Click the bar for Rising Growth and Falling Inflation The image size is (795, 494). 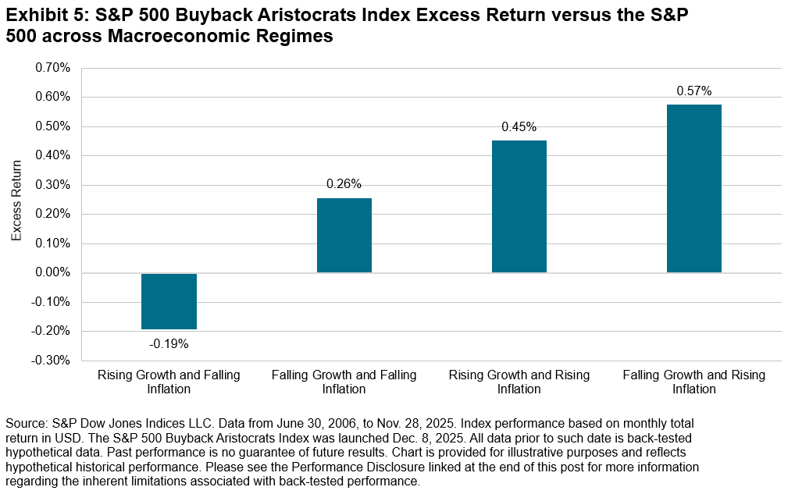coord(169,301)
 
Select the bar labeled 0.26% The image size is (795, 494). coord(344,235)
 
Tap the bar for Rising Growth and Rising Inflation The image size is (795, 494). coord(519,207)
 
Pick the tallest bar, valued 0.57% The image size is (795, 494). coord(693,189)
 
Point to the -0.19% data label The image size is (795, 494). coord(169,343)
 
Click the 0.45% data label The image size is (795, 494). coord(519,126)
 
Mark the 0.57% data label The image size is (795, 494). coord(693,91)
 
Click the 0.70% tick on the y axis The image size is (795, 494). coord(52,68)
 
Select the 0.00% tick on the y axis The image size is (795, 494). coord(52,273)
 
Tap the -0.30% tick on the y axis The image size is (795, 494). coord(51,361)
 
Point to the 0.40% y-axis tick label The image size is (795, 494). coord(52,156)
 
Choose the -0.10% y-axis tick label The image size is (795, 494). coord(51,302)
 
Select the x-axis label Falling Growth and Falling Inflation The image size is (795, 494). coord(344,382)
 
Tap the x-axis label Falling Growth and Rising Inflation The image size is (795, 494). coord(693,382)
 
